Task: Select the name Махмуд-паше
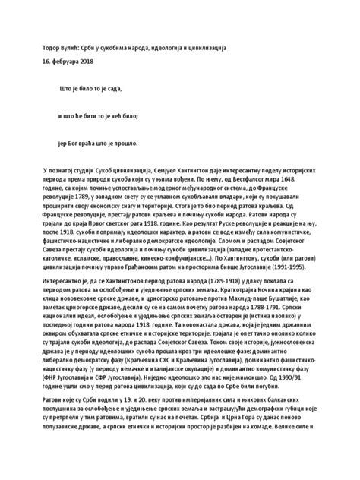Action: pyautogui.click(x=262, y=301)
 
